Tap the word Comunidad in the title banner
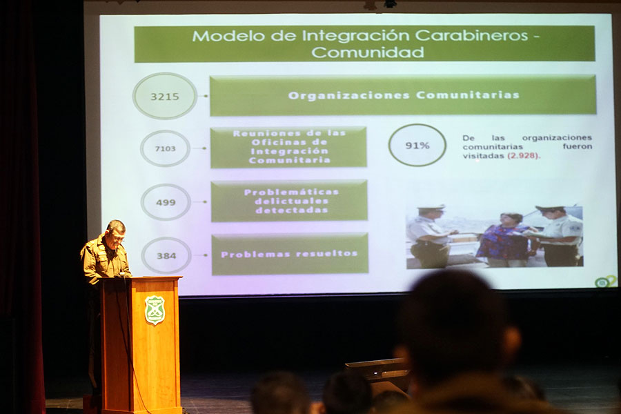pyautogui.click(x=368, y=52)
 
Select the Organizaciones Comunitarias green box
pyautogui.click(x=403, y=95)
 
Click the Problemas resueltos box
pyautogui.click(x=290, y=254)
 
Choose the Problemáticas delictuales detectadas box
pyautogui.click(x=290, y=201)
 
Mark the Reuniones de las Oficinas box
pyautogui.click(x=288, y=147)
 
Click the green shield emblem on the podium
pyautogui.click(x=155, y=310)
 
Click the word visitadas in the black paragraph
pyautogui.click(x=484, y=156)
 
